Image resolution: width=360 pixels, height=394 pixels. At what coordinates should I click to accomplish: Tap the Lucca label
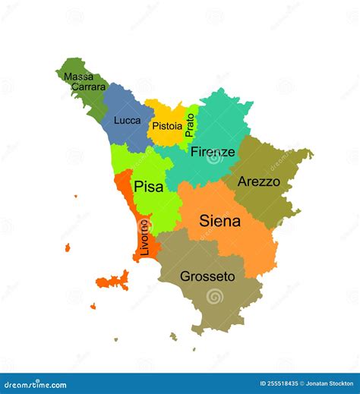tap(127, 120)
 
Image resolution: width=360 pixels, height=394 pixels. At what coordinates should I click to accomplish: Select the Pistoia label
tap(166, 126)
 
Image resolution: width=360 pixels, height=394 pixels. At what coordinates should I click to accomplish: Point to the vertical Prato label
tap(190, 125)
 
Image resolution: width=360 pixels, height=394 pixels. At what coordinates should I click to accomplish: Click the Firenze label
tap(213, 152)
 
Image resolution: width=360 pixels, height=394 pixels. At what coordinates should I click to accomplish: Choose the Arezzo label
tap(258, 182)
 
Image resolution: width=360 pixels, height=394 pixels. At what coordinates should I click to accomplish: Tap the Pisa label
tap(149, 186)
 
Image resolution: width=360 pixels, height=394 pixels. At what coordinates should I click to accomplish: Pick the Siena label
tap(219, 222)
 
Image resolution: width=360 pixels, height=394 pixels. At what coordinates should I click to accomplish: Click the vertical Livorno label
tap(144, 236)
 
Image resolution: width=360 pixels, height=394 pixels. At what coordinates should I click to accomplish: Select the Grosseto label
tap(207, 277)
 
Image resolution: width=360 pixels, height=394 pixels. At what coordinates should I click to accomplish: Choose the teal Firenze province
tap(224, 121)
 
